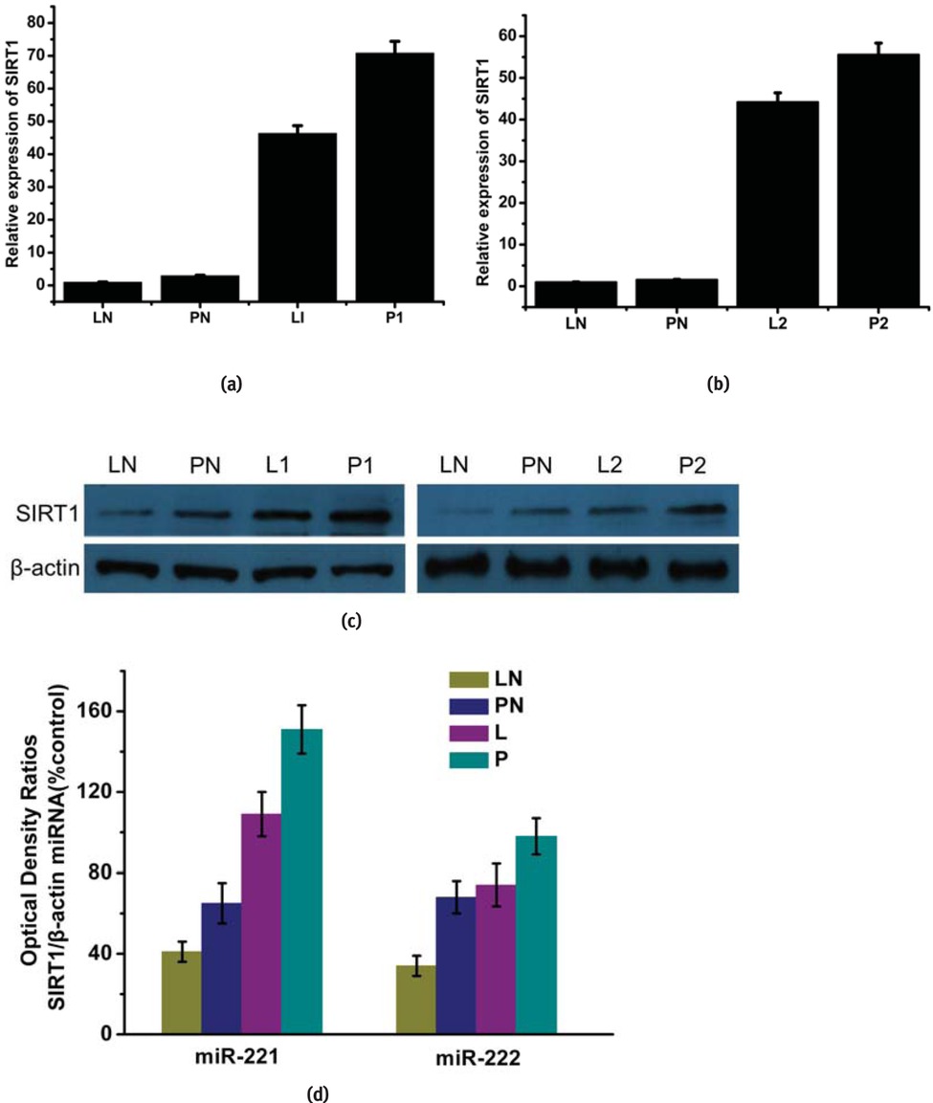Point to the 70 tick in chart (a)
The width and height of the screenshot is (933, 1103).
[39, 55]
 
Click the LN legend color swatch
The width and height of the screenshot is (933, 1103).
[466, 679]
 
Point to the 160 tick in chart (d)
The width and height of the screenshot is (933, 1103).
[119, 711]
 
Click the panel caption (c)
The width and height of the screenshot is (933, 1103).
[351, 621]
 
